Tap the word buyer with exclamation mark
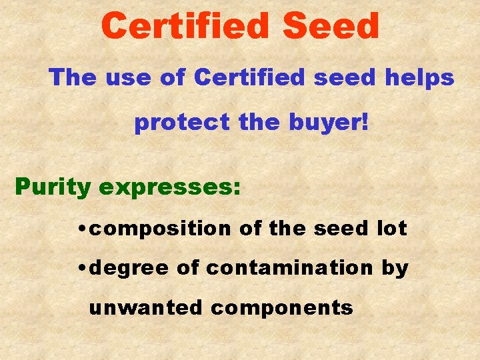pyautogui.click(x=331, y=123)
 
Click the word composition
pyautogui.click(x=161, y=229)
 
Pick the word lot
pyautogui.click(x=392, y=229)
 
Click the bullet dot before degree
pyautogui.click(x=81, y=269)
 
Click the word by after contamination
pyautogui.click(x=395, y=269)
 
